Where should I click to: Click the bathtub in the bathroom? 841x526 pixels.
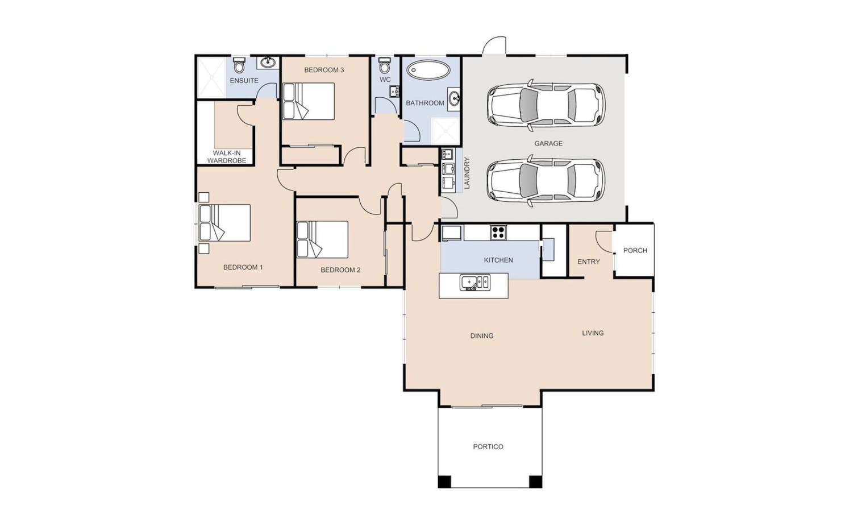[428, 70]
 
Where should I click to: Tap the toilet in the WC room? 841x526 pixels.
[385, 65]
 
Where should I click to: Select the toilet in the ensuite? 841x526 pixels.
[239, 65]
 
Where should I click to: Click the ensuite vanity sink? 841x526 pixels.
[268, 63]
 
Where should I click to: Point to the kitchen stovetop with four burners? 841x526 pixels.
[498, 233]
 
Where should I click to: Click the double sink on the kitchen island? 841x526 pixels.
[474, 282]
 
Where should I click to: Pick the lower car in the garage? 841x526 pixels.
[546, 181]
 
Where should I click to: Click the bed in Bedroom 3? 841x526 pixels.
[308, 101]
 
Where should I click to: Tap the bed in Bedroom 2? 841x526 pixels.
[323, 240]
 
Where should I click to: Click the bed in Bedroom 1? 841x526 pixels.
[224, 223]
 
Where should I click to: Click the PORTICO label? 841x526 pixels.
[488, 447]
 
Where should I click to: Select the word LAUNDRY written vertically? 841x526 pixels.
[467, 173]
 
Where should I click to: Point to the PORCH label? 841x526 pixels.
[635, 250]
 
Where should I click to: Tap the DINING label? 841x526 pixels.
[482, 336]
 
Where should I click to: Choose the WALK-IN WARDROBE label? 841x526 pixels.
[227, 157]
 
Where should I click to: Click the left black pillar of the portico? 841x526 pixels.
[444, 481]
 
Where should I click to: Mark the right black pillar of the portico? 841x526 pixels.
[535, 481]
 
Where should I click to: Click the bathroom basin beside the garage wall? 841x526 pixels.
[454, 99]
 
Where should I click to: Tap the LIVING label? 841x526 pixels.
[593, 333]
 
